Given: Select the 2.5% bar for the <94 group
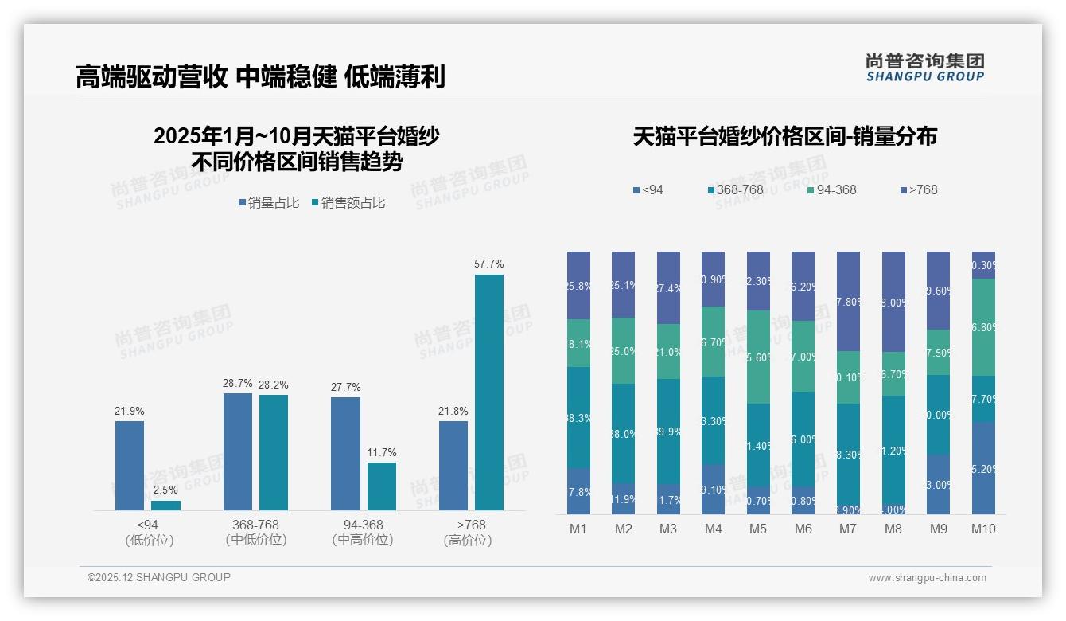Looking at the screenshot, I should tap(165, 506).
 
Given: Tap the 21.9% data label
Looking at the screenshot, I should tap(130, 412).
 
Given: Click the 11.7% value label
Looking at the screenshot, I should tap(382, 453).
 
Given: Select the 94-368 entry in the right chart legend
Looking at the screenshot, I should tap(831, 189).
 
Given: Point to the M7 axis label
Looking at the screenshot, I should tap(848, 529).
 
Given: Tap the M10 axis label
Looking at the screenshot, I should tap(983, 529).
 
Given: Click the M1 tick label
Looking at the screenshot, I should tap(578, 529).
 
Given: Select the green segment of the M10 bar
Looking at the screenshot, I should tap(983, 327).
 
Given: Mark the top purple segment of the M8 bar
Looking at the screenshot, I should tap(893, 302).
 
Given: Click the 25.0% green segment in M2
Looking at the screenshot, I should tap(623, 351).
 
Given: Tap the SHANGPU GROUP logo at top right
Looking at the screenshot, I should tap(924, 68).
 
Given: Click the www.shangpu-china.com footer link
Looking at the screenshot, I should tap(927, 578).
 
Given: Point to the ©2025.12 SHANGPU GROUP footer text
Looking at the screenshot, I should tap(159, 577).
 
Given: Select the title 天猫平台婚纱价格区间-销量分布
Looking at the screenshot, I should tap(784, 136).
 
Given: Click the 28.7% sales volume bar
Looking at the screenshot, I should tap(238, 451).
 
